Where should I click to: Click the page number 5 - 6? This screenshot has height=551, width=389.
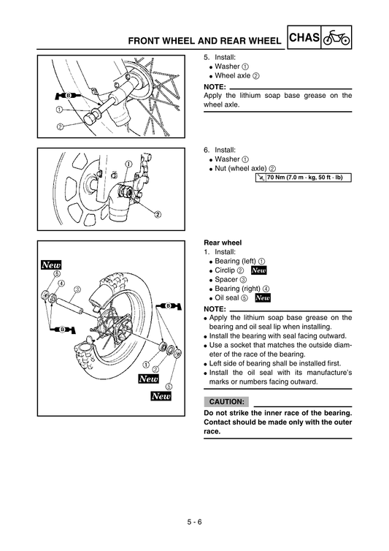pyautogui.click(x=193, y=521)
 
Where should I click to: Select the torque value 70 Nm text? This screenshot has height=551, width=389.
pyautogui.click(x=307, y=178)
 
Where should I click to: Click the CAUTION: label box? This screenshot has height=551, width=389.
pyautogui.click(x=226, y=402)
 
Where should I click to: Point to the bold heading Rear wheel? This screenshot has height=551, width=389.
pyautogui.click(x=223, y=242)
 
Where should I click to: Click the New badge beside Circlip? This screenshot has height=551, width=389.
pyautogui.click(x=259, y=270)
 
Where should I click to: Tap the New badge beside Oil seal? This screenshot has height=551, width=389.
pyautogui.click(x=263, y=298)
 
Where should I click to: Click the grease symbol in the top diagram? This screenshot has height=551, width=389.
pyautogui.click(x=64, y=96)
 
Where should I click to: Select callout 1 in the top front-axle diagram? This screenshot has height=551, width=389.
pyautogui.click(x=58, y=110)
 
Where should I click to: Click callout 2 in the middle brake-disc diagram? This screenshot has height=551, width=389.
pyautogui.click(x=158, y=214)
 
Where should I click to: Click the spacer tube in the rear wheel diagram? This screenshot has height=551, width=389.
pyautogui.click(x=74, y=303)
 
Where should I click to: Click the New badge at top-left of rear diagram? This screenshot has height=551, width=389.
pyautogui.click(x=51, y=265)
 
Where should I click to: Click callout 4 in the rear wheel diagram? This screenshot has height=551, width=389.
pyautogui.click(x=61, y=283)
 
